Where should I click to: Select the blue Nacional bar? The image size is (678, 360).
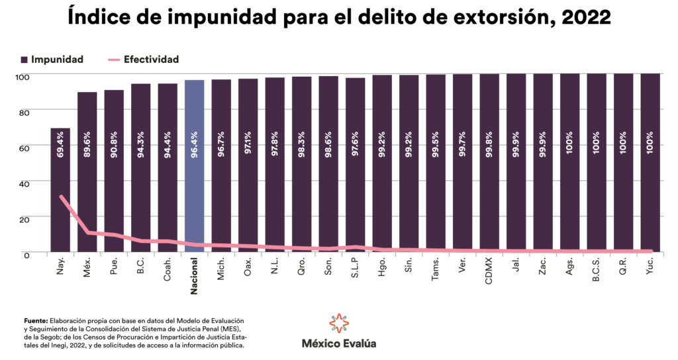pos(194,165)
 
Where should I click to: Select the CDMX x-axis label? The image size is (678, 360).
pos(489,271)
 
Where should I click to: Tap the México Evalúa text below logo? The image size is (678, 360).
pos(339,344)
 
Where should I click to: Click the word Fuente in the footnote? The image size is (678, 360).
pos(36,320)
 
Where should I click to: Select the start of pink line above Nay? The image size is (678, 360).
pos(61,197)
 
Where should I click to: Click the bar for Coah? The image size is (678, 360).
pos(168,172)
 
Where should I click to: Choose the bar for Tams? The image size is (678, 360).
pos(435,165)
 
